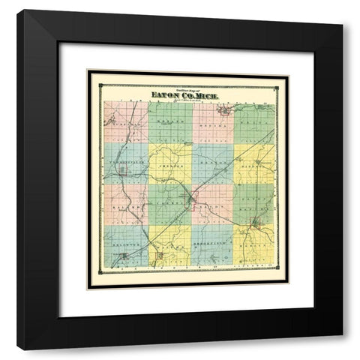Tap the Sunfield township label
tap(126, 116)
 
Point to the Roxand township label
tap(169, 116)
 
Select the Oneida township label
tap(212, 116)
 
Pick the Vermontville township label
tap(126, 158)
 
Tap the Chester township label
tap(169, 158)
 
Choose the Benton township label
tap(212, 158)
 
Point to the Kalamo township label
tap(126, 202)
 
